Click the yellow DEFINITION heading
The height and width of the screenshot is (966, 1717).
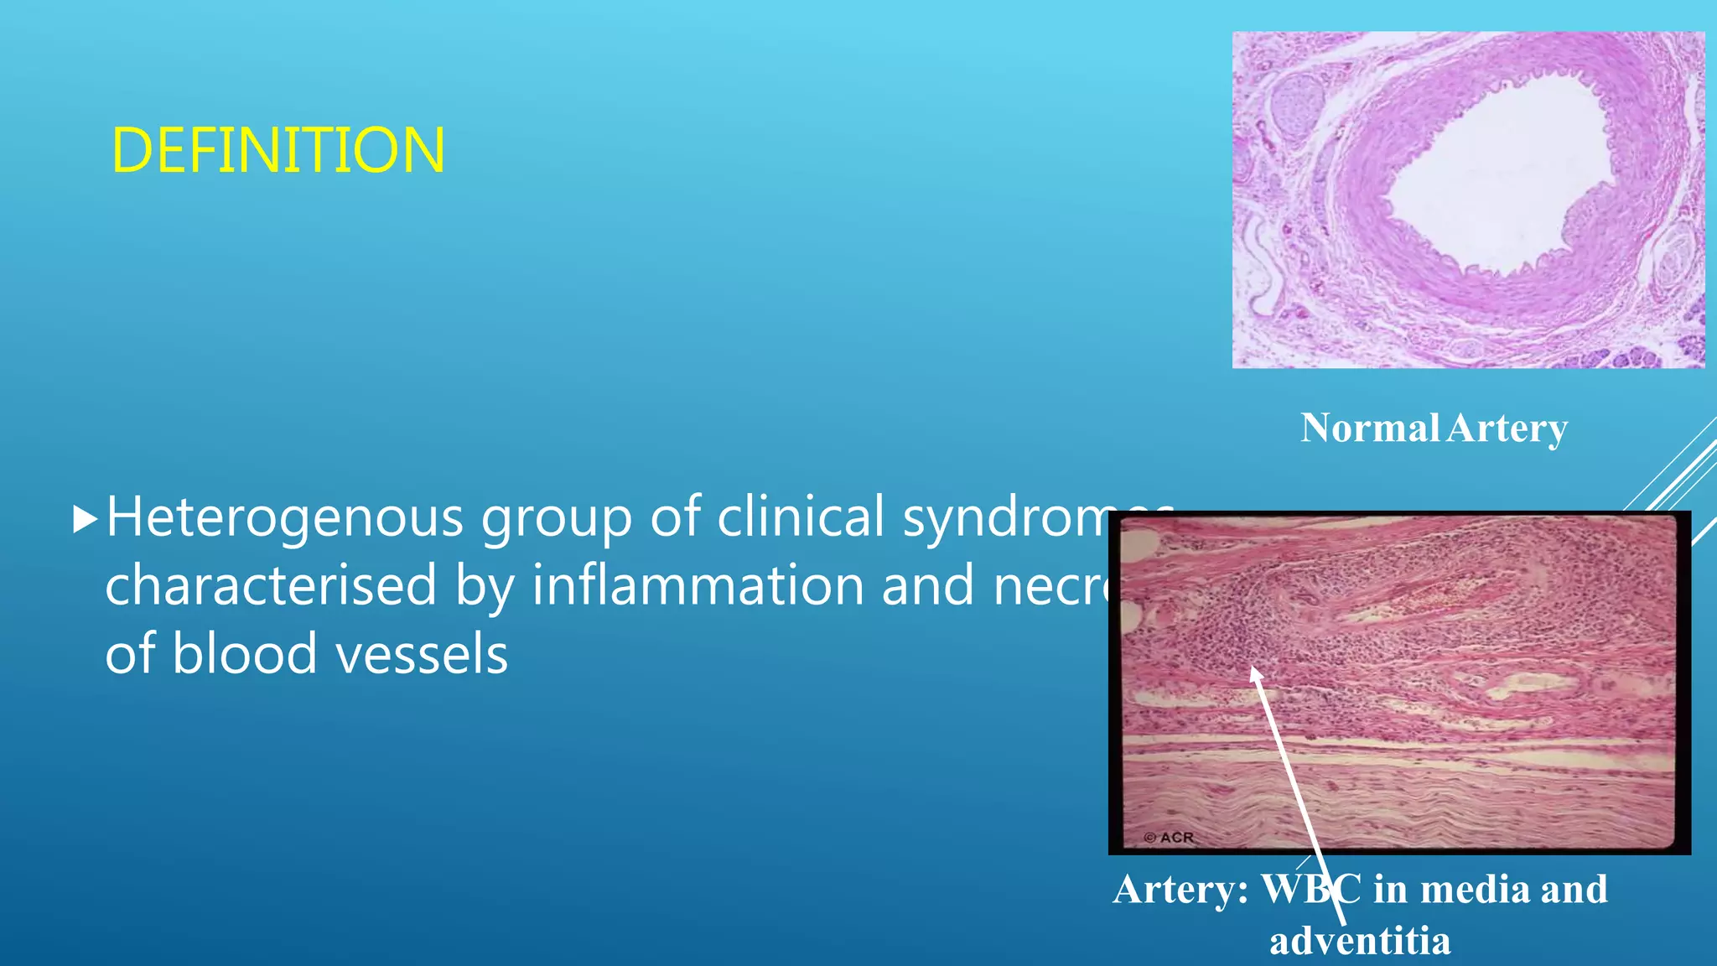278,151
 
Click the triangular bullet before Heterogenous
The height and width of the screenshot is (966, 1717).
85,520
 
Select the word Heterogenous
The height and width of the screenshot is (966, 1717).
284,517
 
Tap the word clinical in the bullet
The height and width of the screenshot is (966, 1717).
801,517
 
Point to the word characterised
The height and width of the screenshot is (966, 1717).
270,585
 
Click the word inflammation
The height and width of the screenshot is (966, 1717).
698,585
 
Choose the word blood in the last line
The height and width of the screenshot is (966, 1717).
245,654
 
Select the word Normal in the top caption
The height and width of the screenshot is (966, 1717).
1369,428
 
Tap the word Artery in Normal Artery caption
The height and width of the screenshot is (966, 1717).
1507,428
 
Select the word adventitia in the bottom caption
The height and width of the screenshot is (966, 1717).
1359,941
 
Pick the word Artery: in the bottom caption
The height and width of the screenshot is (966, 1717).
1180,890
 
